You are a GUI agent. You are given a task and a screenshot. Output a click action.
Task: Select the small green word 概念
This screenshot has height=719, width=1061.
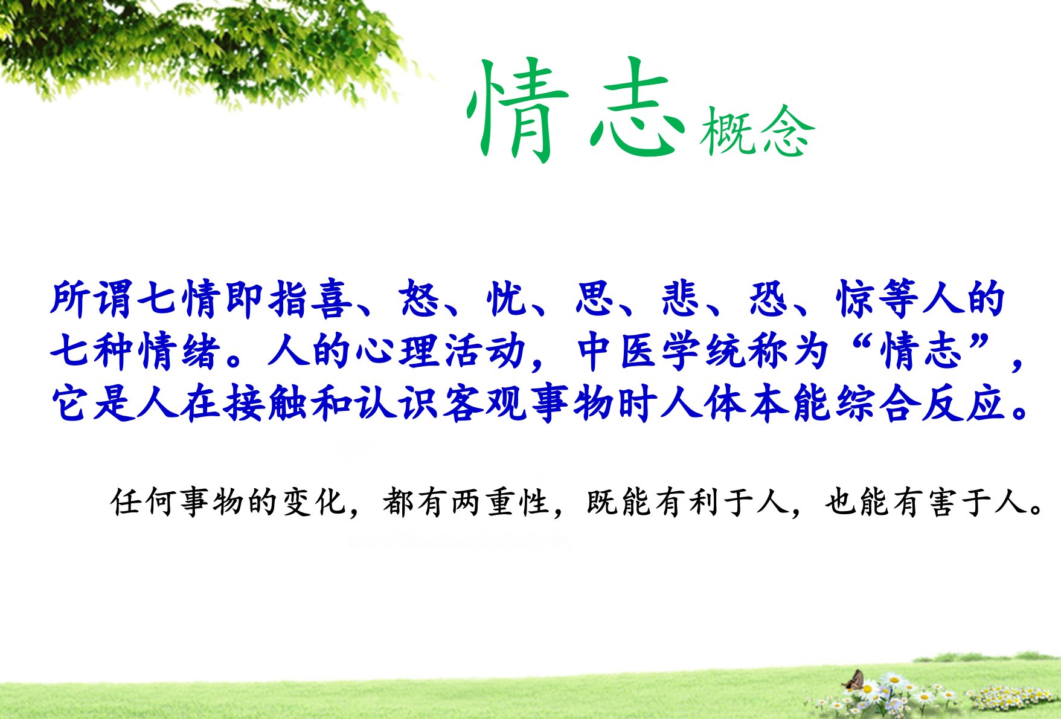pos(757,131)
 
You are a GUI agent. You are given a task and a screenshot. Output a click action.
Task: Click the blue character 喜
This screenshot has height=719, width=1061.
pos(331,298)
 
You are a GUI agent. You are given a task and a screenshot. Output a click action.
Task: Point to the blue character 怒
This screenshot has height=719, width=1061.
pos(418,298)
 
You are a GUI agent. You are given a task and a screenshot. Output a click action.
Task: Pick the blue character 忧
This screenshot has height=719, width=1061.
pos(506,298)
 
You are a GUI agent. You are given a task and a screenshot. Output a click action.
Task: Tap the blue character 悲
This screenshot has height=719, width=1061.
pos(681,298)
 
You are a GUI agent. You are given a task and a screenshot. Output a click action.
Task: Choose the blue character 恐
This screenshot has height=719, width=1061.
pos(769,298)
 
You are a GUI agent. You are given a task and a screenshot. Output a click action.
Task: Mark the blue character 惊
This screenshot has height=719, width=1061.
pos(856,298)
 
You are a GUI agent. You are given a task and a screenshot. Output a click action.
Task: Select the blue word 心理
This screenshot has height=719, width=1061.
pos(396,351)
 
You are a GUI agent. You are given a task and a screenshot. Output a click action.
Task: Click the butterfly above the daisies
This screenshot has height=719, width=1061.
pos(854,681)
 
